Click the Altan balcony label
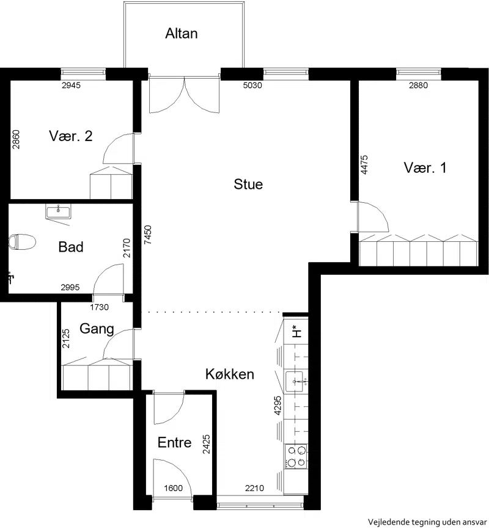[182, 34]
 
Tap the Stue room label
[248, 184]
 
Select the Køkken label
[230, 374]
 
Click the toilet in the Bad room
[22, 242]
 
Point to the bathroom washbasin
[57, 212]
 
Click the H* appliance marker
[296, 331]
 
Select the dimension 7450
[148, 235]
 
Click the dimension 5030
[252, 86]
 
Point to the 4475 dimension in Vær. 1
[364, 165]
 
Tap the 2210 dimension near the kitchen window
[255, 488]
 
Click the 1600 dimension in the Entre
[173, 488]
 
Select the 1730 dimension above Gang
[99, 307]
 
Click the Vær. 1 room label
[425, 167]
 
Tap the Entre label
[175, 442]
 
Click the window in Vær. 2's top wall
[83, 72]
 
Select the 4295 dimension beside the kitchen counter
[278, 405]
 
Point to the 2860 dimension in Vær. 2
[15, 139]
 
